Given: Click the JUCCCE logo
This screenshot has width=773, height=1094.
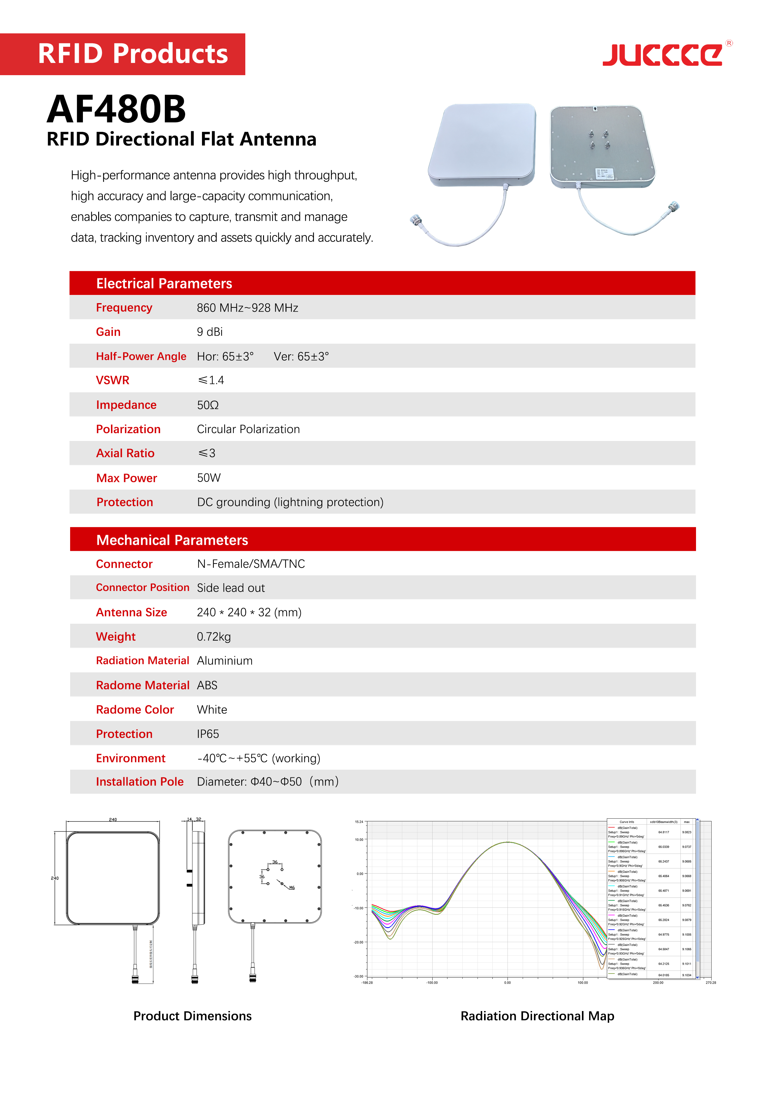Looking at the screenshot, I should pyautogui.click(x=663, y=55).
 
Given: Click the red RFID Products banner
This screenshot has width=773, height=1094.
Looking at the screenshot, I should pyautogui.click(x=122, y=54).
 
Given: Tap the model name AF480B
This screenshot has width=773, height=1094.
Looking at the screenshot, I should pyautogui.click(x=116, y=109).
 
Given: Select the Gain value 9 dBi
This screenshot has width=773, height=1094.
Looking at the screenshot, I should pyautogui.click(x=209, y=332).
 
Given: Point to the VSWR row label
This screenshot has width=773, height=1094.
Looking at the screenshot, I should pyautogui.click(x=113, y=380).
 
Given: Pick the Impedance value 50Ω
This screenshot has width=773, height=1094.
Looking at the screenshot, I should pyautogui.click(x=208, y=405).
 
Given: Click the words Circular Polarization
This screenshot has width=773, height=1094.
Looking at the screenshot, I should pyautogui.click(x=248, y=429).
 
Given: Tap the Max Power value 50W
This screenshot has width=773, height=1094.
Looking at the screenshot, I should pyautogui.click(x=209, y=478).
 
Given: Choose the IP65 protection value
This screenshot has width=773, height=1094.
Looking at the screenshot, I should pyautogui.click(x=208, y=734).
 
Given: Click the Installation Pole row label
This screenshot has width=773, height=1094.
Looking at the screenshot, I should pyautogui.click(x=140, y=782).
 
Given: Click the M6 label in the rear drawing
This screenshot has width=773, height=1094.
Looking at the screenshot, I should pyautogui.click(x=291, y=888).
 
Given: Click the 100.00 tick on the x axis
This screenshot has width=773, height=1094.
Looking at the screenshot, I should pyautogui.click(x=583, y=982).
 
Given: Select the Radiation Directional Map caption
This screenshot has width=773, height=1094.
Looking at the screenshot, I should pyautogui.click(x=537, y=1016).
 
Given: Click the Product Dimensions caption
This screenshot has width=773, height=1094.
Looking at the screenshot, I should pyautogui.click(x=192, y=1016).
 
